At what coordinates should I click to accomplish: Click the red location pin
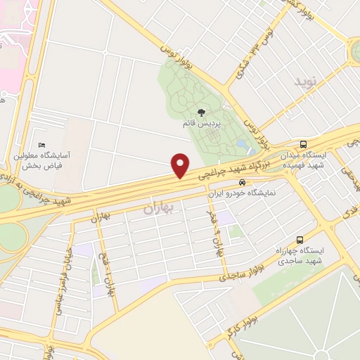pos(181,165)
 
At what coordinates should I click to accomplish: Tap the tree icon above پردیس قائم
pos(202,112)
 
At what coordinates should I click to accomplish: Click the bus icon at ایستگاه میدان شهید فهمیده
pos(304,143)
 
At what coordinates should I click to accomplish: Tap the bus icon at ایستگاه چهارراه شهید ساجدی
pos(300,239)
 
